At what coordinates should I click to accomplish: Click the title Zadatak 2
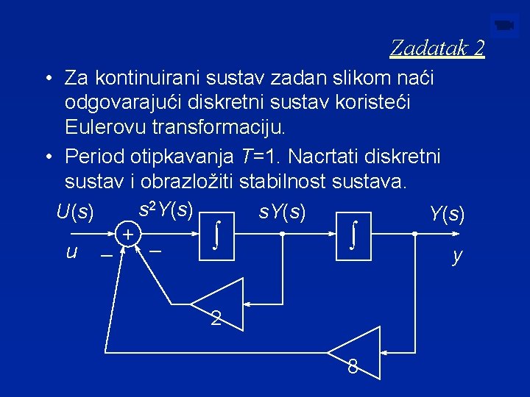(x=437, y=49)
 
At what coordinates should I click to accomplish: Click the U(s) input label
(x=75, y=213)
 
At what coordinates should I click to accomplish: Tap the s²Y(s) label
(x=166, y=210)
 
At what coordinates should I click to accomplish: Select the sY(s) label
(x=282, y=212)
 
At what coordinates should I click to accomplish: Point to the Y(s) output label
(x=447, y=214)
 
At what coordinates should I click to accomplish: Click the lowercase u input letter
(x=71, y=251)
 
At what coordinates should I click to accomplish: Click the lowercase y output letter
(x=457, y=257)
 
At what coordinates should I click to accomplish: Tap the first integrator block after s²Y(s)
(x=216, y=234)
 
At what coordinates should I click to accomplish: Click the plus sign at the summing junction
(x=127, y=235)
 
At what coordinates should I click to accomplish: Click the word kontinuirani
(x=155, y=77)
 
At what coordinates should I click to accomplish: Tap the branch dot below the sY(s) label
(x=283, y=234)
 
